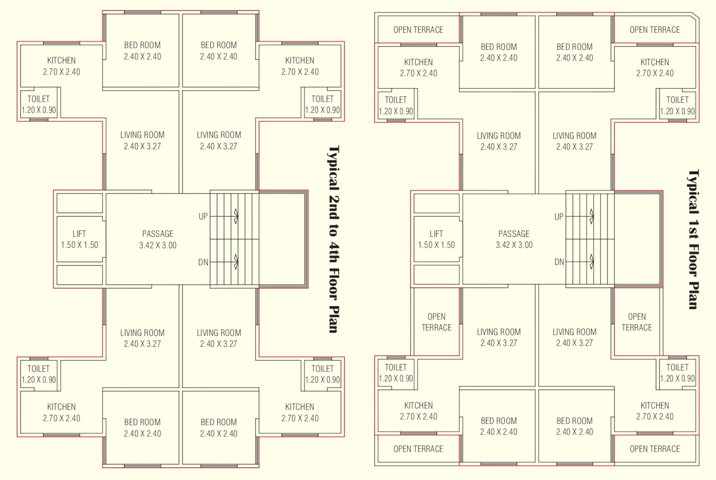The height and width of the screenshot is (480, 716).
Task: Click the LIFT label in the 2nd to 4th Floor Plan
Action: click(x=79, y=234)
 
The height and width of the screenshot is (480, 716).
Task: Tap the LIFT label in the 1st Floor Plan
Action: click(x=436, y=234)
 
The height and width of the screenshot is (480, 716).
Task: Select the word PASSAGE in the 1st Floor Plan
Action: click(x=514, y=234)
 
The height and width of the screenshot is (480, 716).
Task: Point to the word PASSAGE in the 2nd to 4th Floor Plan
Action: click(x=157, y=234)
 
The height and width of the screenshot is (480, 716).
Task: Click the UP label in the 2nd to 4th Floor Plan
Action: click(x=203, y=216)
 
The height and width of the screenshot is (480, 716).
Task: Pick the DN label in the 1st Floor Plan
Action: click(x=559, y=262)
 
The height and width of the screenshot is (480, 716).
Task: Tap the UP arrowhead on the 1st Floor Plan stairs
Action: click(x=591, y=216)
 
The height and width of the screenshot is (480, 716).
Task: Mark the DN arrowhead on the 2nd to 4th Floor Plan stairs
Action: click(x=236, y=261)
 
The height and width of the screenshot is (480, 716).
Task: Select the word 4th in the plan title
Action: click(x=334, y=253)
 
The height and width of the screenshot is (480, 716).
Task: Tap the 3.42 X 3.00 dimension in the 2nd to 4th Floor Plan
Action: click(x=157, y=245)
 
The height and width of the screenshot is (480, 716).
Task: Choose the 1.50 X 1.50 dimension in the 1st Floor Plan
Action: click(x=436, y=245)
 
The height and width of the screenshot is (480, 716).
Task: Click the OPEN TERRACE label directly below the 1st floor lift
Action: click(x=436, y=322)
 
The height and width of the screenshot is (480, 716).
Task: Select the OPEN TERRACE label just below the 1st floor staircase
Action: click(x=637, y=322)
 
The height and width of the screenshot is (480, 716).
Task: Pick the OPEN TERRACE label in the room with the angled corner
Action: click(x=655, y=30)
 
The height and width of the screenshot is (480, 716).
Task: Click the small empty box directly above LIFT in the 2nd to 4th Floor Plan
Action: click(x=79, y=203)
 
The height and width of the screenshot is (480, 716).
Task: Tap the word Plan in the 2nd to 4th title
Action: click(x=334, y=319)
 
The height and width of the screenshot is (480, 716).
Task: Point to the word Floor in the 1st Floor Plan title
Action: click(x=693, y=260)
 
